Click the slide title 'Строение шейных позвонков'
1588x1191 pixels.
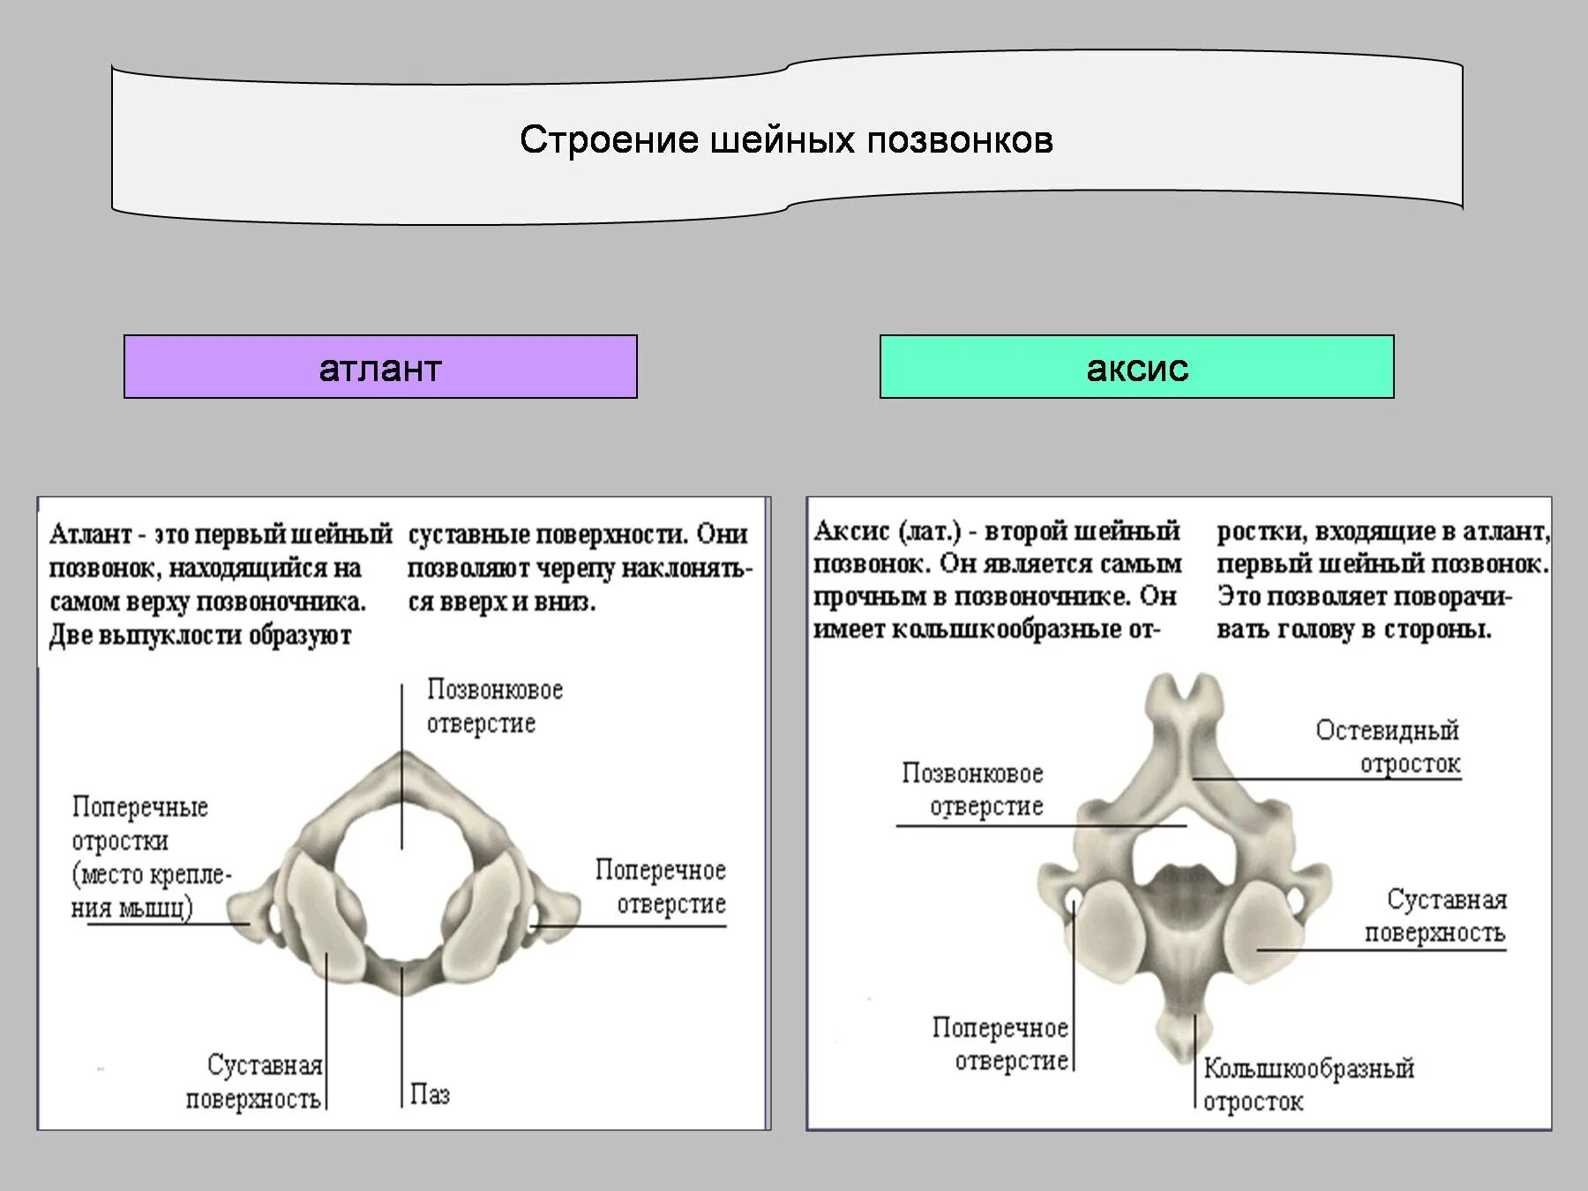tap(786, 140)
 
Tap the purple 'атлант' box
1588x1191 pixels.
tap(380, 367)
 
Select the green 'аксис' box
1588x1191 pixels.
tap(1136, 367)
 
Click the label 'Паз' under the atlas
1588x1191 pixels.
tap(430, 1095)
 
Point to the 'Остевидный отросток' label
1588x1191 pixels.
tap(1388, 746)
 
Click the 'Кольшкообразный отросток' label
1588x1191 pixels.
tap(1307, 1084)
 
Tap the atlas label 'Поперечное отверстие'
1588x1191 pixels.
tap(661, 887)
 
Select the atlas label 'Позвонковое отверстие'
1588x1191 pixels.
tap(494, 706)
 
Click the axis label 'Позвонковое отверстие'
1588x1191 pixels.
tap(972, 789)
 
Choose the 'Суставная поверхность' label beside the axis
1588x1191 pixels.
tap(1436, 916)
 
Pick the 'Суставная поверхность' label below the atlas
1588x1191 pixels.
tap(254, 1082)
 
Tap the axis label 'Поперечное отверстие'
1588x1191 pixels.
tap(1001, 1044)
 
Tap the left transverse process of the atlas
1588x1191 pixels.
tap(251, 909)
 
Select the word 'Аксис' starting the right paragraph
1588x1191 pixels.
tap(851, 531)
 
